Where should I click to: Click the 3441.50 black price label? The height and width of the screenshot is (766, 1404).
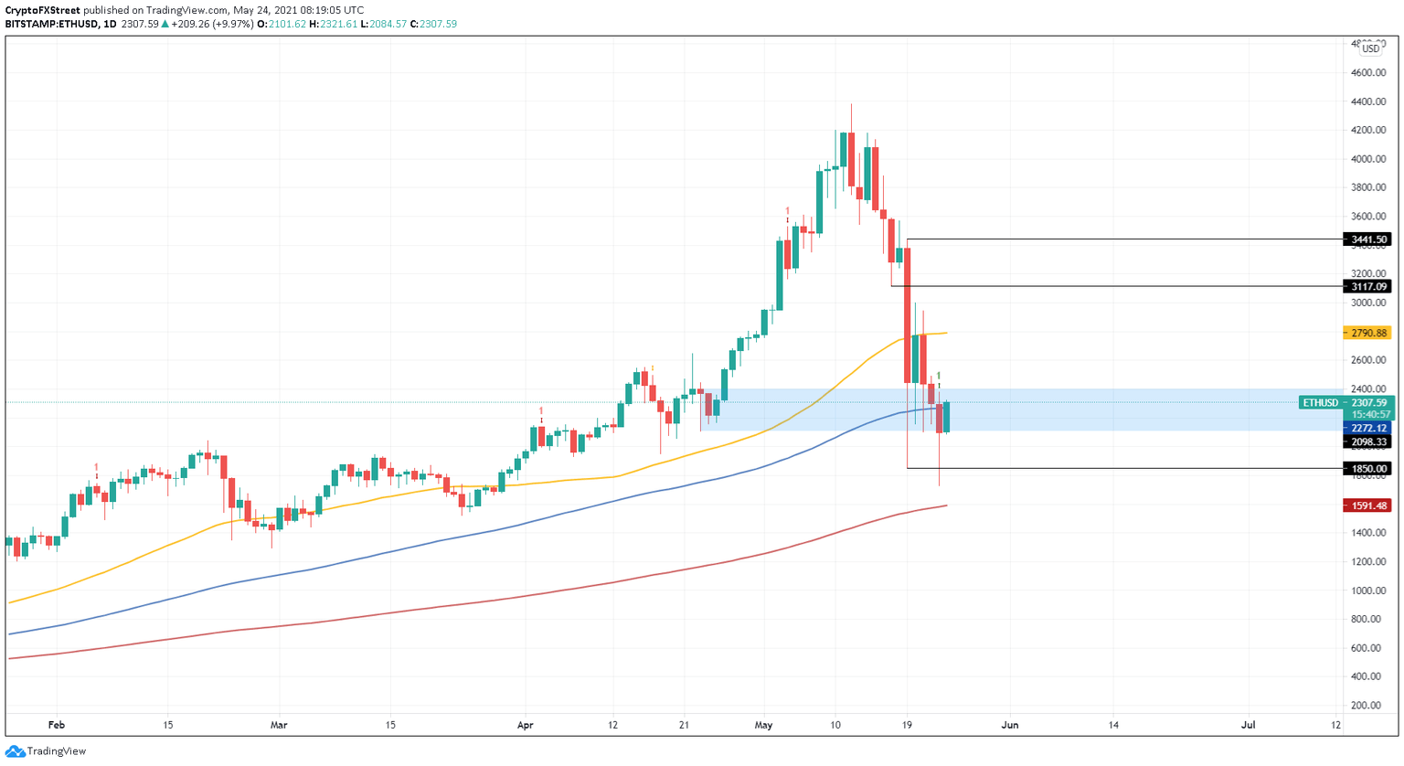click(1367, 239)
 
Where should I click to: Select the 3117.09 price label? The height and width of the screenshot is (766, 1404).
click(1367, 286)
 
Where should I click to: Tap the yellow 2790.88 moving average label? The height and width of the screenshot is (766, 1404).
click(1367, 333)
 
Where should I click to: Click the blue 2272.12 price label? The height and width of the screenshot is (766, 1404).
click(1367, 428)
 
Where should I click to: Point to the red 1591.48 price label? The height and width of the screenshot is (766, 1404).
click(1367, 505)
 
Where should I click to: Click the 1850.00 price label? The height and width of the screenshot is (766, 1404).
click(1367, 468)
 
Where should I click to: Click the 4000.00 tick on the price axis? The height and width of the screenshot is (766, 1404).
click(1368, 159)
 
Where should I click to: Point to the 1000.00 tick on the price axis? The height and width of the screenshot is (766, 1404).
click(1368, 590)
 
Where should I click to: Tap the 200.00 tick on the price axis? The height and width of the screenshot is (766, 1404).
click(1368, 706)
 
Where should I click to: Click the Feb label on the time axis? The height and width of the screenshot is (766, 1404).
click(56, 725)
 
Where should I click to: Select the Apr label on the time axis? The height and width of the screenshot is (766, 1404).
click(525, 725)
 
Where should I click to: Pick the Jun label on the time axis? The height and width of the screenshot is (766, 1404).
click(1010, 725)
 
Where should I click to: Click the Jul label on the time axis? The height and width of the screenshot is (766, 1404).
click(1248, 725)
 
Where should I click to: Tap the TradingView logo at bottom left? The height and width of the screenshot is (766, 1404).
click(46, 751)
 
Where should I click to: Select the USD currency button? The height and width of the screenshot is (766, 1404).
click(1370, 48)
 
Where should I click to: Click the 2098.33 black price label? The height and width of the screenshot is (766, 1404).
click(1367, 442)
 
